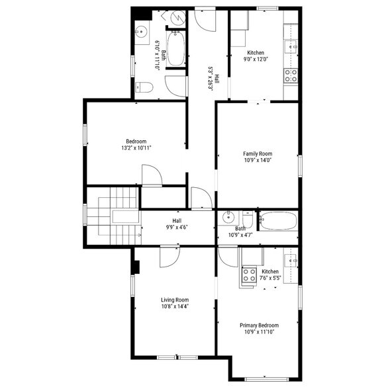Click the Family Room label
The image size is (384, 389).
[x=258, y=153]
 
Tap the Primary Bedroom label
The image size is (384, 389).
[x=259, y=325]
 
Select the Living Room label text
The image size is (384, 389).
[x=175, y=300]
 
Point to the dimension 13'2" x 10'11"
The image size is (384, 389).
[x=136, y=148]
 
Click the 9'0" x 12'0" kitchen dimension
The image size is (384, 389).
[x=256, y=60]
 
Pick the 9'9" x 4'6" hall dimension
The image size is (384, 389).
[x=177, y=227]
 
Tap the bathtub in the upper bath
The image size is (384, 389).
[x=176, y=48]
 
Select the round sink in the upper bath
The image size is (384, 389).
[x=141, y=32]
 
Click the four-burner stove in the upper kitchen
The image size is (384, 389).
[x=291, y=75]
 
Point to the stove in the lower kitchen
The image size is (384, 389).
[x=249, y=275]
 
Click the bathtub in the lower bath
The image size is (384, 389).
[x=279, y=220]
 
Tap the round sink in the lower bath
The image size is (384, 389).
[x=228, y=218]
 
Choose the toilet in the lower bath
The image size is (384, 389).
[x=248, y=219]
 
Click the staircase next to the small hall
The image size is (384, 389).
[x=114, y=216]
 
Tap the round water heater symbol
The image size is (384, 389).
[x=179, y=17]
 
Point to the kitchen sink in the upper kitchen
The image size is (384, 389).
[x=291, y=46]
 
